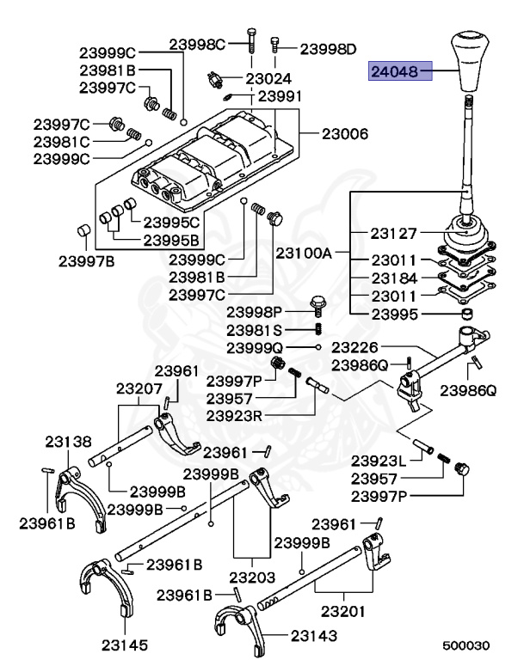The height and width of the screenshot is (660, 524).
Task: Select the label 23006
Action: tap(345, 134)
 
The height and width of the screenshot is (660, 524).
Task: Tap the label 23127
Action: tap(394, 233)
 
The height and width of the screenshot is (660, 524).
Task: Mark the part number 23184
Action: tap(394, 278)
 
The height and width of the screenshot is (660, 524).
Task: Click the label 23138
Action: tap(67, 442)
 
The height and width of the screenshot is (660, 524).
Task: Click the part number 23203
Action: tap(250, 578)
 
